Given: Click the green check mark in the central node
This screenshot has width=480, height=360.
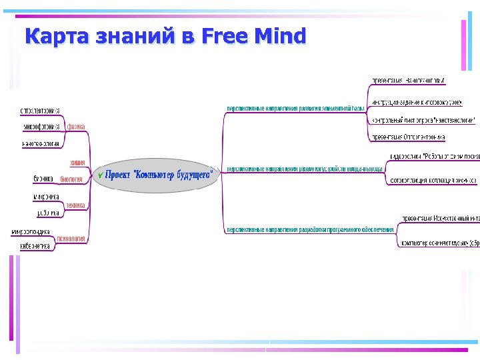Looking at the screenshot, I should pos(100,175).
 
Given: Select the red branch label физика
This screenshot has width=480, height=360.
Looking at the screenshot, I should pos(76,126).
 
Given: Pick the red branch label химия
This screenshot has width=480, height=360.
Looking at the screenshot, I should pos(77,163).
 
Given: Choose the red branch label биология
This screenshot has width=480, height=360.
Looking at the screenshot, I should pos(71,179).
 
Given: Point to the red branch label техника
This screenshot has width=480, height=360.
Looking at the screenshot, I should pos(75,205).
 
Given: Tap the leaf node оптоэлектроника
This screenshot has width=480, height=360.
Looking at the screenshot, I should pos(40,110).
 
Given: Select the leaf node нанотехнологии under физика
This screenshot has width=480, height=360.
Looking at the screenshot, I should pos(41,143).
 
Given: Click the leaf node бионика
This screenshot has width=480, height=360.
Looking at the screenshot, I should pos(43,179).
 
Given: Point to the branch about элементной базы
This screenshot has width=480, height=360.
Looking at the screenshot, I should pos(295,108).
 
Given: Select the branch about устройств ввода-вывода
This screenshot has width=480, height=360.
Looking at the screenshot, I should pos(305,169).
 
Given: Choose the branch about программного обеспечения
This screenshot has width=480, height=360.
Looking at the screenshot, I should pos(310,229).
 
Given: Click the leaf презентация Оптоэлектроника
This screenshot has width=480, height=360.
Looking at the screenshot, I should pos(408,137).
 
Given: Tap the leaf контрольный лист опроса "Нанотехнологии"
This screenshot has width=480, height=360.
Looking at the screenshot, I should pos(423,120).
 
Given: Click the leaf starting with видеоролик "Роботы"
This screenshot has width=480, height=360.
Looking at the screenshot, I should pos(434,157).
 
